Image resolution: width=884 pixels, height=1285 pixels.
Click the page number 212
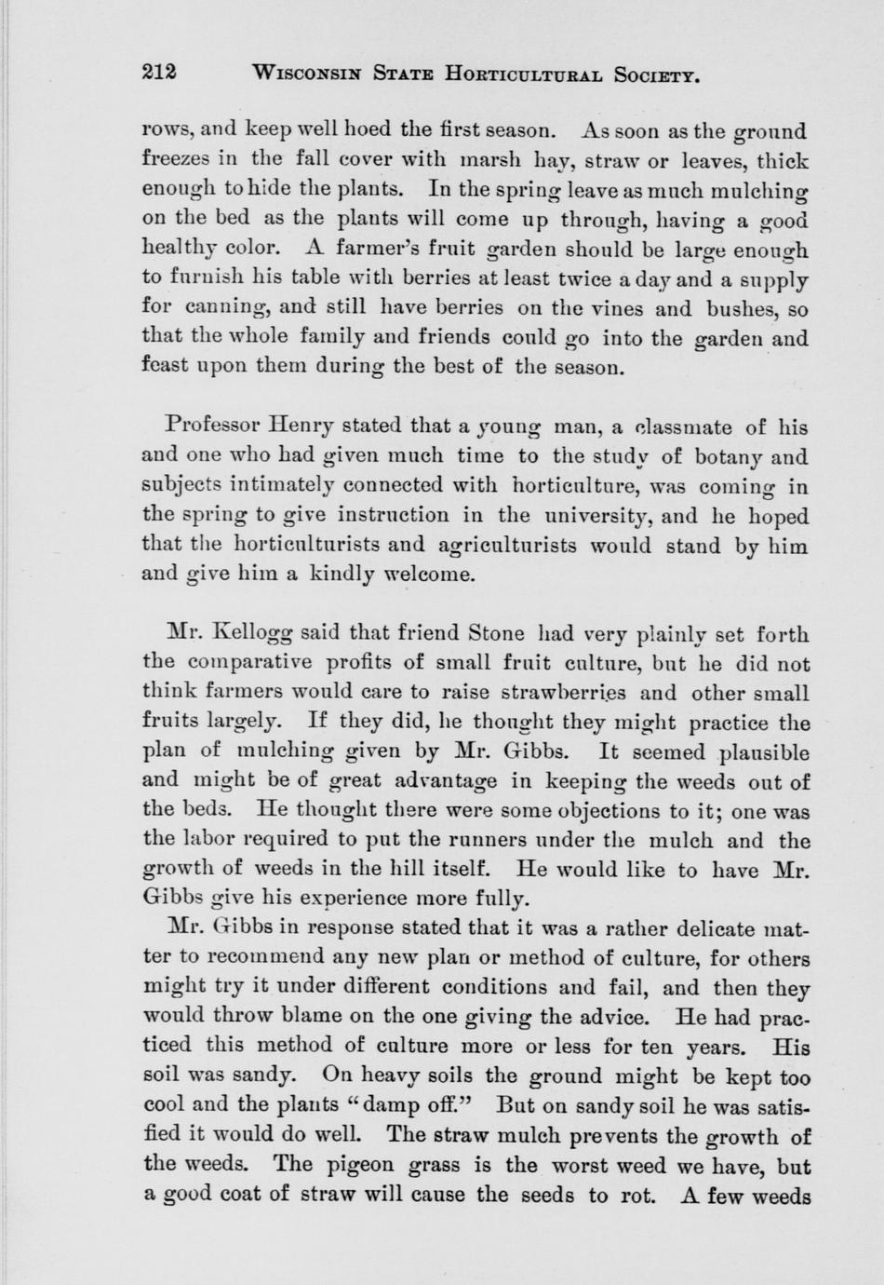click(x=160, y=74)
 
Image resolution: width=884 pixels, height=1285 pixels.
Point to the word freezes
click(x=178, y=160)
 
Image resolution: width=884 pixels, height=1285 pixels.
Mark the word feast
click(x=165, y=367)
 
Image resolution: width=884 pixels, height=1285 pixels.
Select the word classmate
click(x=678, y=427)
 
